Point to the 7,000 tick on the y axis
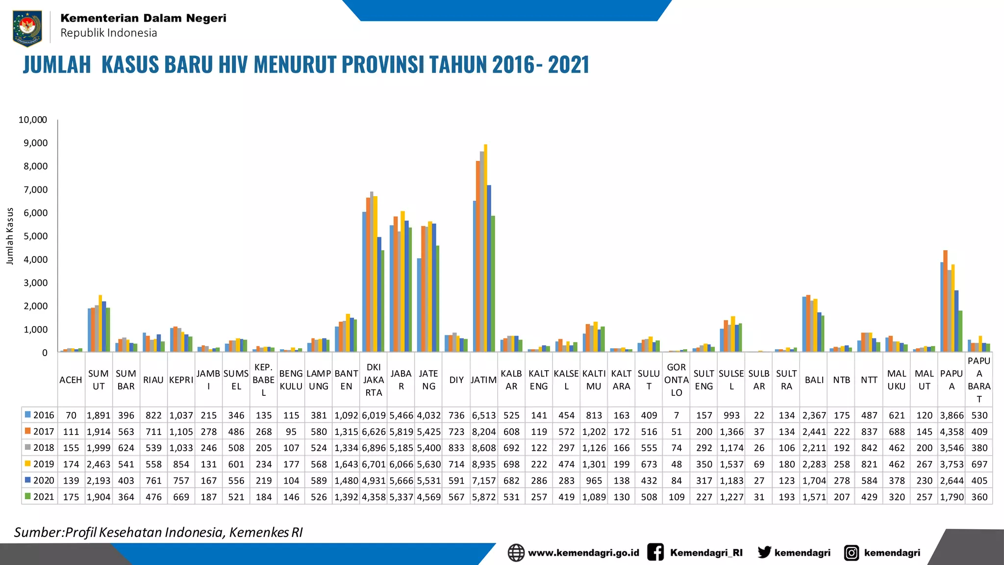point(33,190)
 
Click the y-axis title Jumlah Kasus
point(10,236)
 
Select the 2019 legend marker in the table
point(28,463)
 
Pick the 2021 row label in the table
point(44,497)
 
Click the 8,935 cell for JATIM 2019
point(484,464)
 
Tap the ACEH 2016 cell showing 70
point(71,415)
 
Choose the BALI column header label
point(814,380)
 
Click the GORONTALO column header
point(676,380)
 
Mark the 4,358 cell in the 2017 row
point(952,432)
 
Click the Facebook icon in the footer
point(655,552)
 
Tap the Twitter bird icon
point(764,552)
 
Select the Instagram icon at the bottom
point(852,553)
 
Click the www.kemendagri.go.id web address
point(583,553)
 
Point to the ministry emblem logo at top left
point(27,27)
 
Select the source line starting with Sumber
point(158,532)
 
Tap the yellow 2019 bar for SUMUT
point(100,324)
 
